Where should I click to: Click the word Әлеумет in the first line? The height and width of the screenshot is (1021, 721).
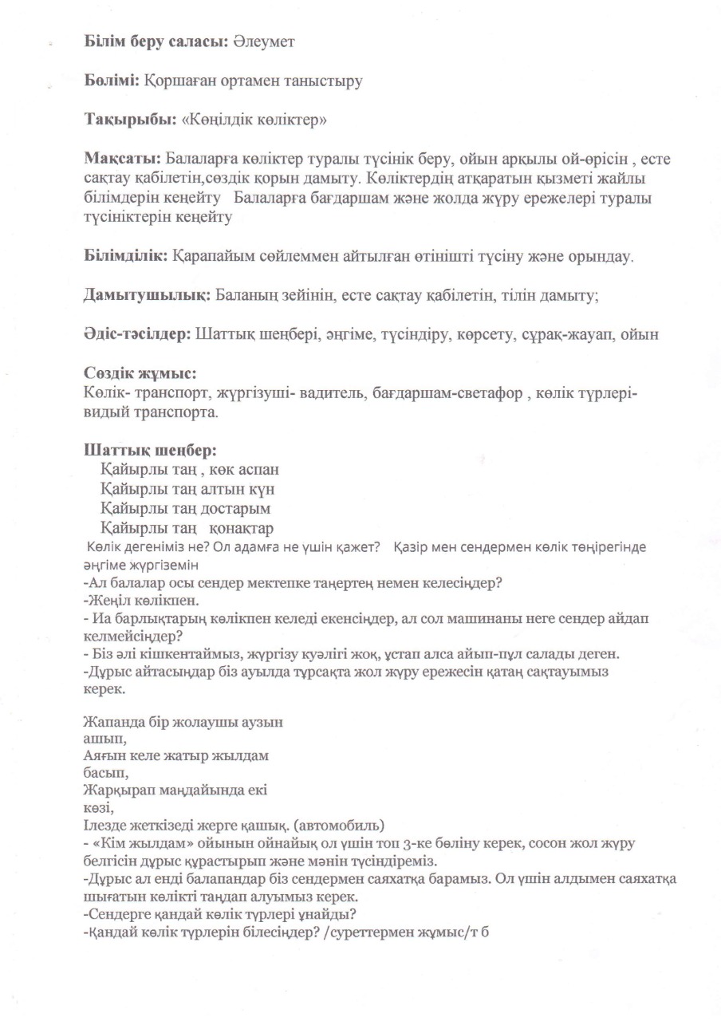pyautogui.click(x=264, y=41)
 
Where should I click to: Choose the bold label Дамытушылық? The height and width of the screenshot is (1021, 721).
pyautogui.click(x=147, y=295)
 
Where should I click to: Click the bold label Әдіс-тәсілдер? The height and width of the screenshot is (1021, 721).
pyautogui.click(x=138, y=334)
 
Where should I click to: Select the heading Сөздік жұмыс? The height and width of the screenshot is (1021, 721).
pyautogui.click(x=140, y=373)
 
